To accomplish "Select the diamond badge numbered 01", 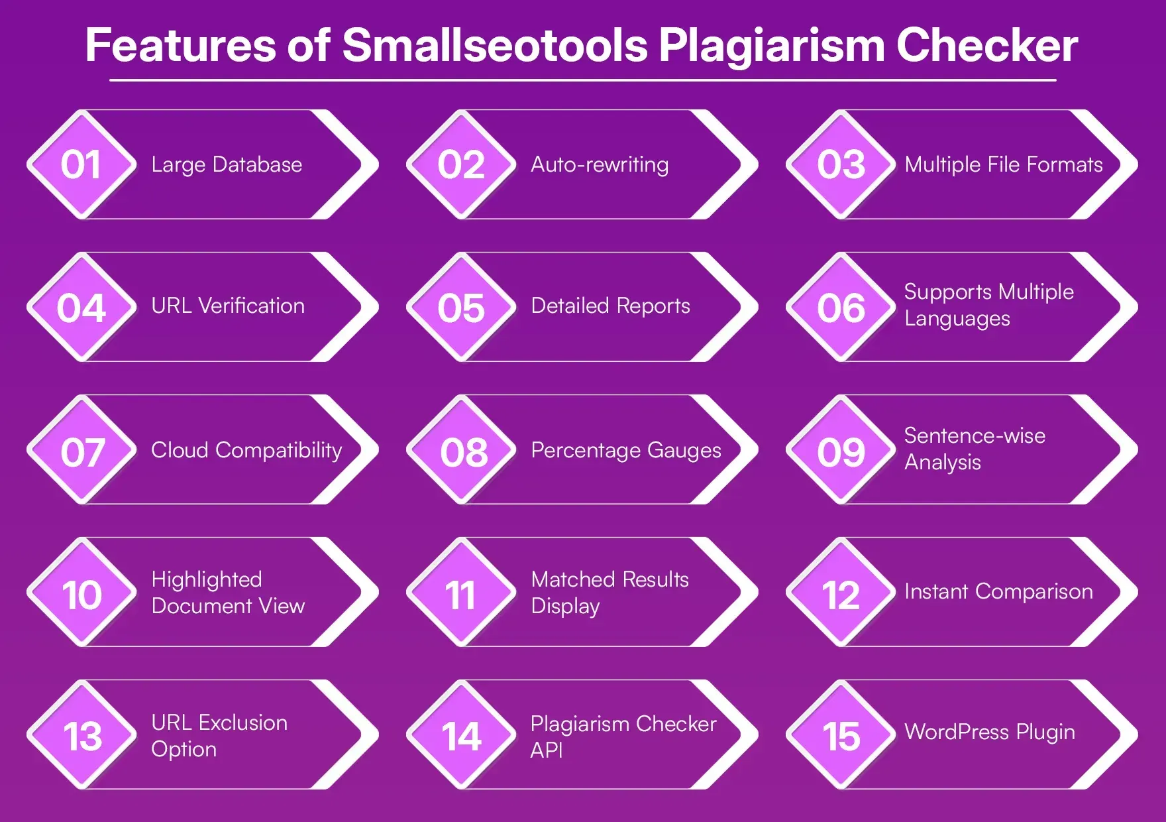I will pos(81,164).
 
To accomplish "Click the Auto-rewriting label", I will pos(600,164).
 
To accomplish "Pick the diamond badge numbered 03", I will pos(841,164).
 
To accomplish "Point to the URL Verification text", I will pos(228,306).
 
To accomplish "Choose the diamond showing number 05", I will pos(461,308).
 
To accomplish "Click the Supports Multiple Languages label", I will pos(988,305).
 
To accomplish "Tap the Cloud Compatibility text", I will pos(246,450).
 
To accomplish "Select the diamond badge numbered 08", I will pos(463,451).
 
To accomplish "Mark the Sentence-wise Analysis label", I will pos(974,449).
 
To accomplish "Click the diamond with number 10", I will pos(81,593).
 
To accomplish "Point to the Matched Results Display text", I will pos(609,592).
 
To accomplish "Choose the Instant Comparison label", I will pos(998,591).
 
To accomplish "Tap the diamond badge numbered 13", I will pos(82,735).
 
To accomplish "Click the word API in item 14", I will pos(547,750).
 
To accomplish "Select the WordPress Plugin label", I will pos(990,732).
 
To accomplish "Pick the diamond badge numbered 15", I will pos(841,735).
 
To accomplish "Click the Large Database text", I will pos(227,164).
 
